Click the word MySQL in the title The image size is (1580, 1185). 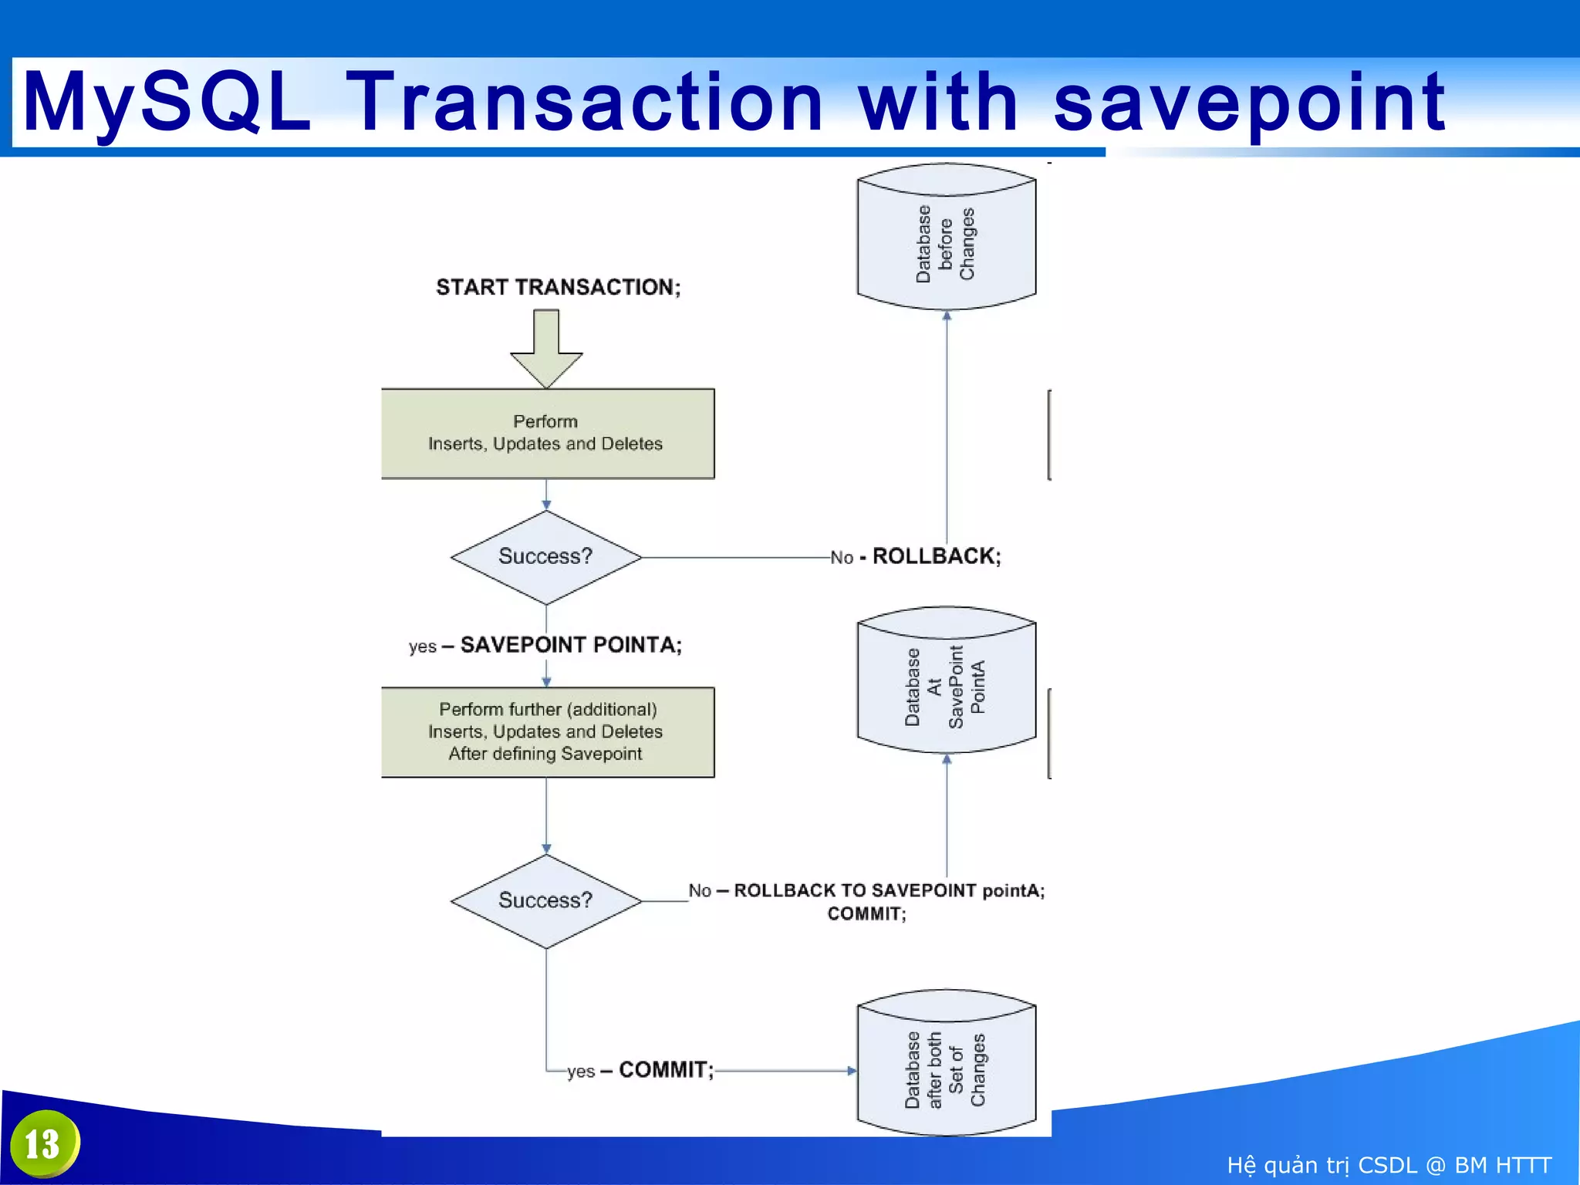coord(167,102)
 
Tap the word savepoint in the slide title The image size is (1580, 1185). coord(1248,102)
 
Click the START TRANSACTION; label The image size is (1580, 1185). coord(558,287)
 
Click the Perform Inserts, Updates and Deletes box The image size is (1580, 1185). coord(547,433)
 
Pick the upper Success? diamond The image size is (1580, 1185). coord(545,557)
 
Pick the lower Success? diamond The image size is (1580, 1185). coord(545,901)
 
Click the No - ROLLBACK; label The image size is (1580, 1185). coord(916,556)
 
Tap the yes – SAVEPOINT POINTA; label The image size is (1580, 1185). coord(545,645)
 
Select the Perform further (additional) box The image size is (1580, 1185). coord(547,731)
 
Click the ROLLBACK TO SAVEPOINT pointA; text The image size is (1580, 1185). coord(889,890)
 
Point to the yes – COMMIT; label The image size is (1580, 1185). coord(640,1070)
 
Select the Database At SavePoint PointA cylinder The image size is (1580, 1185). coord(946,682)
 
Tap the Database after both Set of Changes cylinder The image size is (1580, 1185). coord(946,1065)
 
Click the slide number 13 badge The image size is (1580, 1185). coord(44,1143)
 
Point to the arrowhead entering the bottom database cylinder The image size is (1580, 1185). coord(851,1071)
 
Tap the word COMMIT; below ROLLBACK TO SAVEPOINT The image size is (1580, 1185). coord(866,914)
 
